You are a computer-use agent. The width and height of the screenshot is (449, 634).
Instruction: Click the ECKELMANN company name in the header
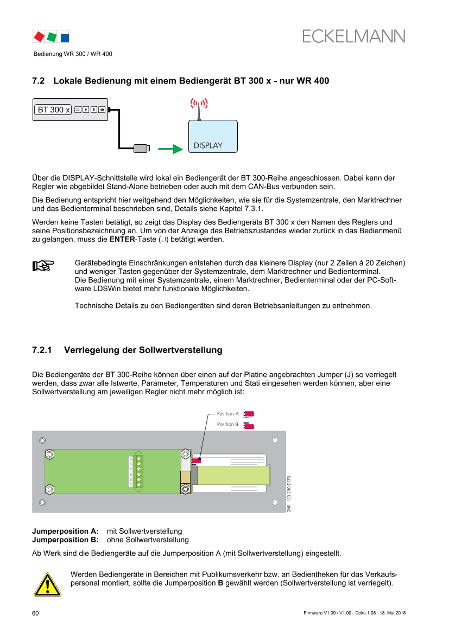click(x=353, y=36)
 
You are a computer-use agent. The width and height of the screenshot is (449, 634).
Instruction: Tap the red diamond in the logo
click(x=39, y=37)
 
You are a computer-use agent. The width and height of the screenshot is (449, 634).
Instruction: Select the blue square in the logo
click(x=65, y=38)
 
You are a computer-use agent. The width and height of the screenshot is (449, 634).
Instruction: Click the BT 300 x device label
click(x=53, y=110)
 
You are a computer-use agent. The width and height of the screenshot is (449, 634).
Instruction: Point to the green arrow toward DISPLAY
click(x=170, y=149)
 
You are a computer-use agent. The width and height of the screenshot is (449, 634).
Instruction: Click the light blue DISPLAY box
click(x=213, y=136)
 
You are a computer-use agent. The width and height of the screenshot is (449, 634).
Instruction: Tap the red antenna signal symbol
click(x=199, y=104)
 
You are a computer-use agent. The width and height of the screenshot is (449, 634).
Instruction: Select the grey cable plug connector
click(x=142, y=149)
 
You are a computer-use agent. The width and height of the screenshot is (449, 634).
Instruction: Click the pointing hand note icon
click(x=43, y=266)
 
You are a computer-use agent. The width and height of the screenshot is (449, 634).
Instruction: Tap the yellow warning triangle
click(x=47, y=585)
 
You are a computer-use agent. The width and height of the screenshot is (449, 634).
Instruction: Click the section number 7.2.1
click(x=42, y=350)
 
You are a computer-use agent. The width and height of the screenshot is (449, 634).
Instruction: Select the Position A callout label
click(x=228, y=414)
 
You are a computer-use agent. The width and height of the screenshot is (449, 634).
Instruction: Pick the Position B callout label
click(x=227, y=424)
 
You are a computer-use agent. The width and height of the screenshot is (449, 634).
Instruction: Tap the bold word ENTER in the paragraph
click(x=122, y=239)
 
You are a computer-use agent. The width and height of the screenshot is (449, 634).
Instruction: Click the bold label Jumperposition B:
click(x=65, y=540)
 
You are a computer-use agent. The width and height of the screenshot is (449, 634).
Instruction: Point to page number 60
click(x=36, y=613)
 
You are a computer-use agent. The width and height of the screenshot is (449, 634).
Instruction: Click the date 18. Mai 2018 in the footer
click(x=393, y=613)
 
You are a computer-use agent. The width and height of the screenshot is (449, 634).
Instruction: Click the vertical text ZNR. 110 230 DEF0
click(x=289, y=494)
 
